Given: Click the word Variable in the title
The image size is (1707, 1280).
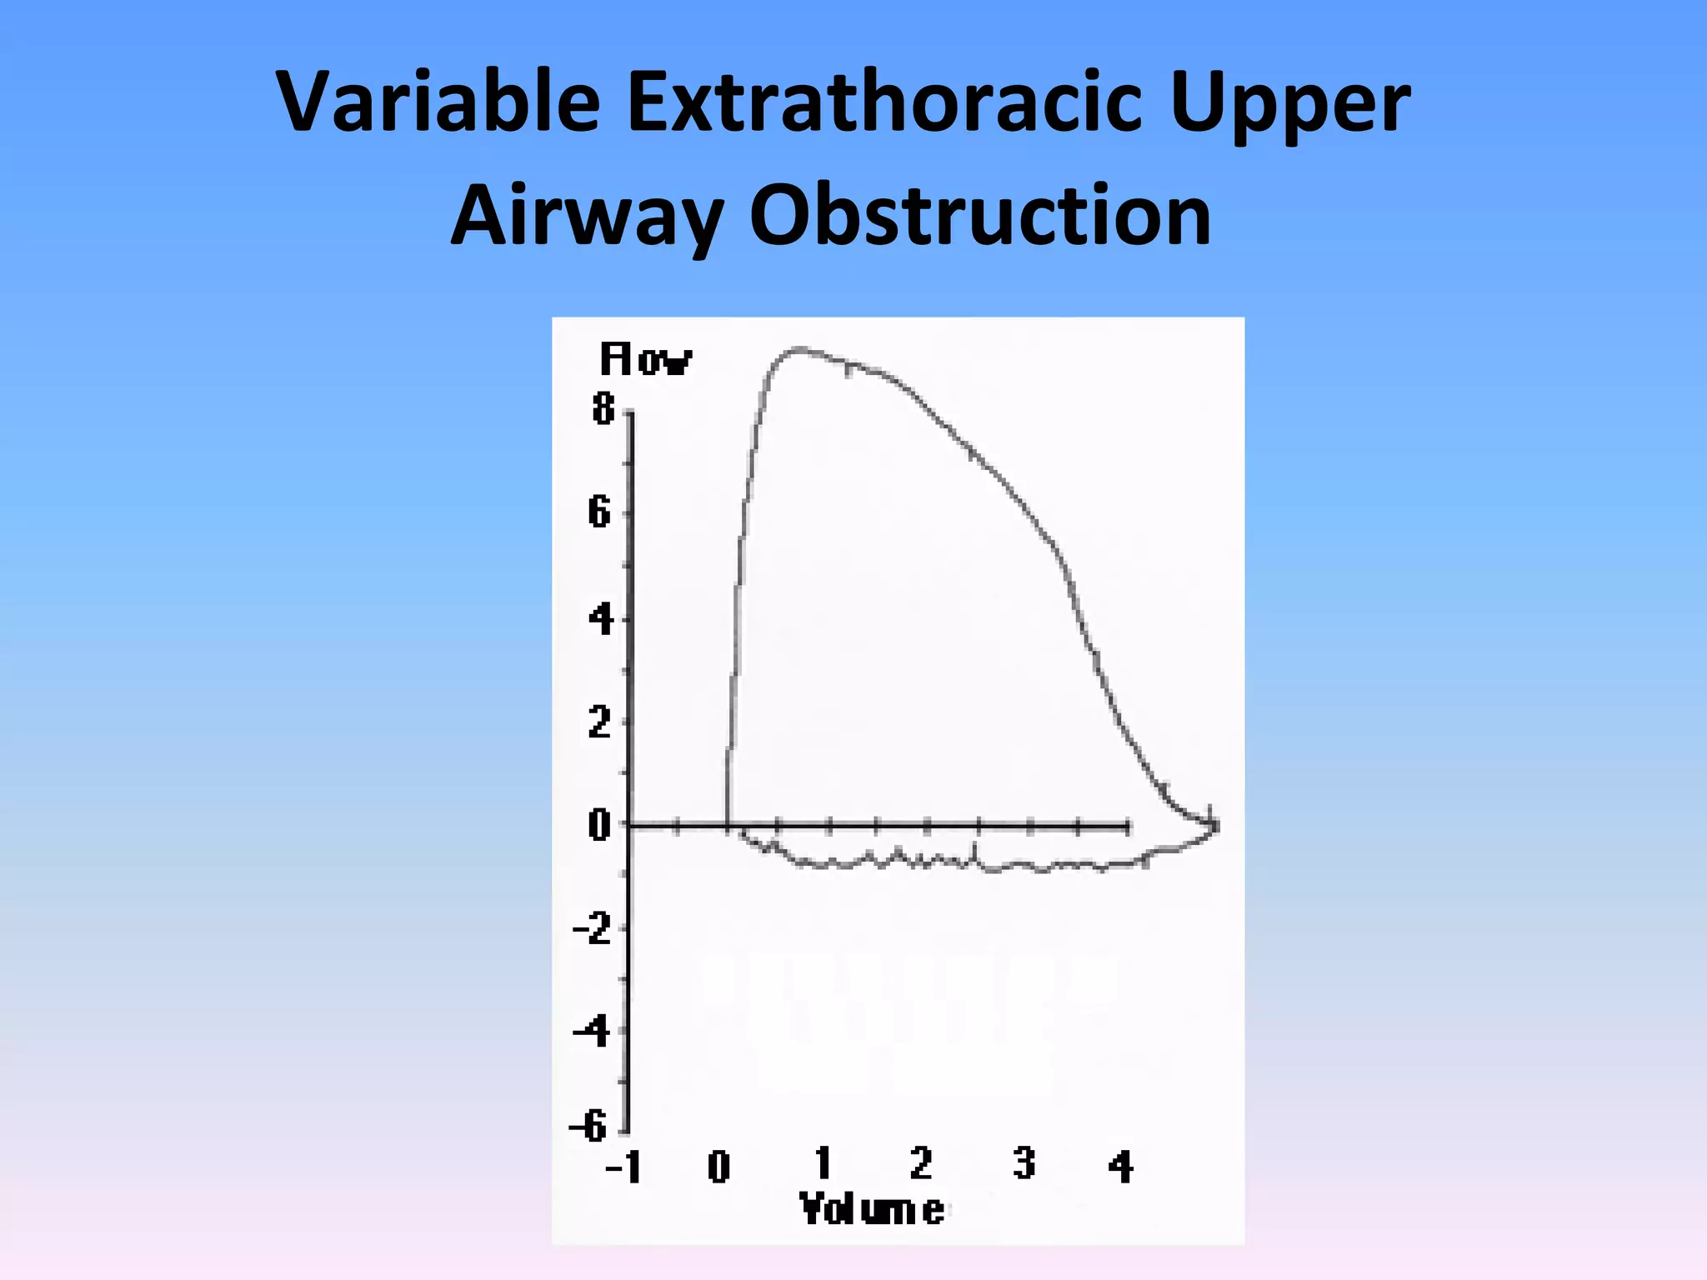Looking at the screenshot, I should pos(438,102).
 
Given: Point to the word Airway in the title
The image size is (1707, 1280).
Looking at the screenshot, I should pos(586,217).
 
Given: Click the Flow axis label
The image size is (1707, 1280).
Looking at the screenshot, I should pos(645,360).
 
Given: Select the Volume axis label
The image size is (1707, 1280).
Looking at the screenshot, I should pos(872,1209).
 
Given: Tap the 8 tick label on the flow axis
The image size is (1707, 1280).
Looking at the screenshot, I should pos(603,409).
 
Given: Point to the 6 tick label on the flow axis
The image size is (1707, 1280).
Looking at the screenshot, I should pos(599,512).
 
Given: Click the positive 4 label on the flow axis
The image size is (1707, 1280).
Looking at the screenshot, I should pos(600,620).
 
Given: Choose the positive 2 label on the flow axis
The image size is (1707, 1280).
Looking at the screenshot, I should pos(599,722).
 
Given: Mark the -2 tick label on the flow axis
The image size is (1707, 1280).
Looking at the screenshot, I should pos(592,927).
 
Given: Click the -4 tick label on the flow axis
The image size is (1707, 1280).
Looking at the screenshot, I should pos(592,1032).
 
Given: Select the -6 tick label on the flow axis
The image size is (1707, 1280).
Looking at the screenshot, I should pos(588,1127).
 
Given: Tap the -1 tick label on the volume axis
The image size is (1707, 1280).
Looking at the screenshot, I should pos(623,1167).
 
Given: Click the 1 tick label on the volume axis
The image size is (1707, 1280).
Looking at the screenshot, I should pos(823,1163).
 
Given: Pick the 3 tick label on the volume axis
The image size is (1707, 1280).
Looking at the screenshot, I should pos(1024,1163).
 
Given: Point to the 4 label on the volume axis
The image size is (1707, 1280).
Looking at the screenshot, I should pos(1121,1167).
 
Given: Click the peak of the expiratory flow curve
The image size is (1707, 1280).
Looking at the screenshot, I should pos(800,348).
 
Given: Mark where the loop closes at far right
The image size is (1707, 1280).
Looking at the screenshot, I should pos(1214,825).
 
